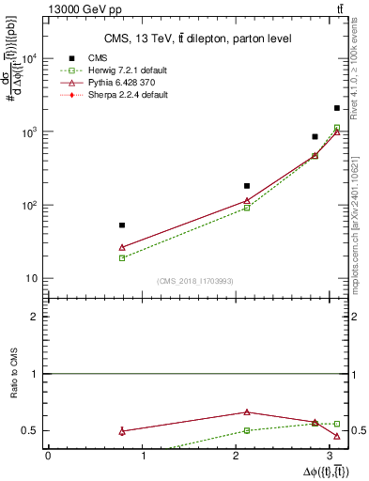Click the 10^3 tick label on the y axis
pos(31,132)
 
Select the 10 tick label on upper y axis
pos(33,278)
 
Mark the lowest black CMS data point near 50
pos(122,225)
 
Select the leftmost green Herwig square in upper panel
pos(122,257)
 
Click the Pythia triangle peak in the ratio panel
pos(247,411)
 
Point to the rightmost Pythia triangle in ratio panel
pos(337,436)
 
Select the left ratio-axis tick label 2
pos(37,317)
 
